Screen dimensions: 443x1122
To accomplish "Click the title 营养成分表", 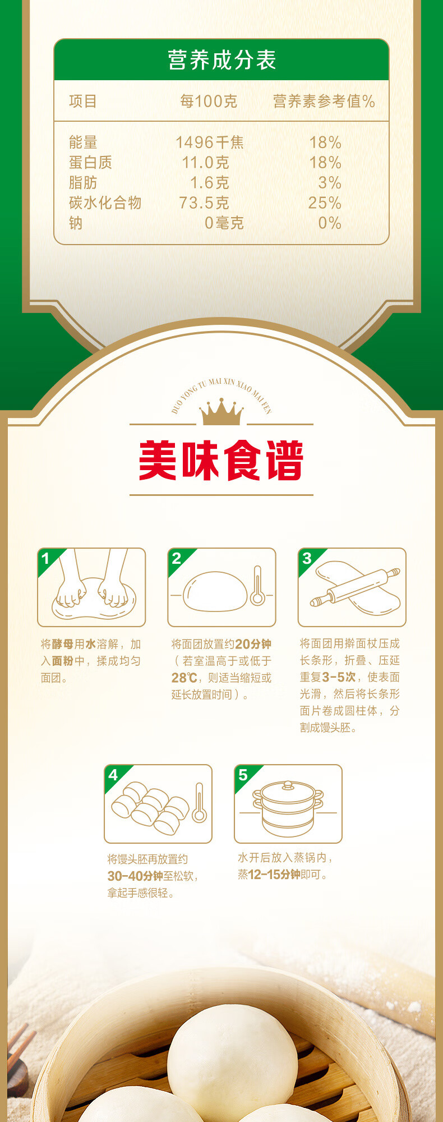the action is click(221, 60).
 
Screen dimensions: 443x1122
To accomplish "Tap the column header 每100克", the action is click(209, 101).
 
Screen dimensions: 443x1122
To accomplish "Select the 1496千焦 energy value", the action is click(210, 142).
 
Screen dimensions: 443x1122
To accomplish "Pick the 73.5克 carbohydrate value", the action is click(204, 203).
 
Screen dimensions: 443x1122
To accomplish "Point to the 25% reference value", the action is click(325, 203).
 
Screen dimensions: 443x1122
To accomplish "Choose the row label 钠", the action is click(76, 223).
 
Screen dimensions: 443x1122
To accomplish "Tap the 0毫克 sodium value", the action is click(224, 223).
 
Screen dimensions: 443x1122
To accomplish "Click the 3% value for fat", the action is click(330, 182).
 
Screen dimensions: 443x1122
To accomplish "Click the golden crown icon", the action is click(221, 412).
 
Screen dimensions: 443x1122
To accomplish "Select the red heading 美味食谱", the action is click(221, 461).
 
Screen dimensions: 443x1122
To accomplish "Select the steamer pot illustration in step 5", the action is click(288, 808).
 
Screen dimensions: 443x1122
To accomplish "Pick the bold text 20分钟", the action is click(253, 644).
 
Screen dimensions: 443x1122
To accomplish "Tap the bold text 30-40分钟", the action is click(135, 876).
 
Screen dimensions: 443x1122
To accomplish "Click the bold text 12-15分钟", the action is click(274, 874).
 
